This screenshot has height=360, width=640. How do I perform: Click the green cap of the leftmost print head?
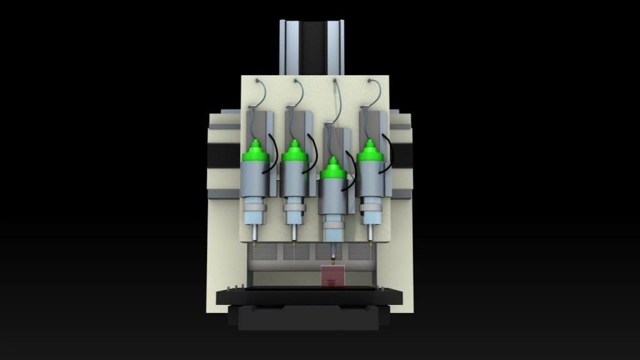coord(254,152)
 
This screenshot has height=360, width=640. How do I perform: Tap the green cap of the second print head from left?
coord(294,152)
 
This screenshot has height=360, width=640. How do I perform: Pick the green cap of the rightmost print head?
coord(370,152)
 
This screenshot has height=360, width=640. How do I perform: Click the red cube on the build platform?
coord(332,276)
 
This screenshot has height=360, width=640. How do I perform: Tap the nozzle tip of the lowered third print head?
coord(332,257)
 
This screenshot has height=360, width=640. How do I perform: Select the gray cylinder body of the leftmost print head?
coord(254,178)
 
